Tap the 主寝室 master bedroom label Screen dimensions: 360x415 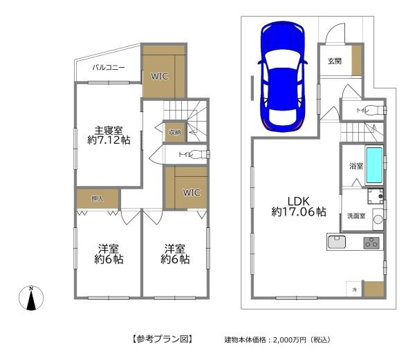pos(109,129)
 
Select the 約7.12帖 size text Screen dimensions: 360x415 pos(109,140)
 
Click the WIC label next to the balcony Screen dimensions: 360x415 pos(160,76)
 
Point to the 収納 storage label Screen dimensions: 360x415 pos(173,132)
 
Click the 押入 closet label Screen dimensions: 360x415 pos(97,199)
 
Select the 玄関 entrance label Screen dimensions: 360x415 pos(334,61)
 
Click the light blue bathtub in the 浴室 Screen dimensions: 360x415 pos(373,163)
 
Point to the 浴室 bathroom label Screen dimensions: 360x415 pos(356,167)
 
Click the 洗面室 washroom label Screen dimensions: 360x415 pos(356,216)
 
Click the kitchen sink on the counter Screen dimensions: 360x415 pos(337,242)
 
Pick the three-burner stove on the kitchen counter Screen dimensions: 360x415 pos(371,242)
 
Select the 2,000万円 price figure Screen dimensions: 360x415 pos(284,340)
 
